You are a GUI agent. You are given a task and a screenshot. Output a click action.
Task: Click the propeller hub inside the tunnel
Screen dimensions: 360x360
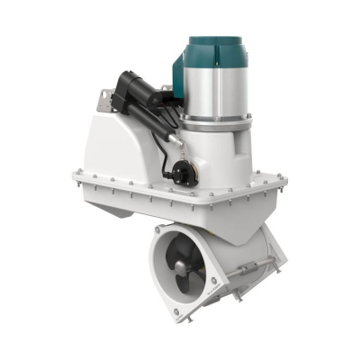click(178, 267)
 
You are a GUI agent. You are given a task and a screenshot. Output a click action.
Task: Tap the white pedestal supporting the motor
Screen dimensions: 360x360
click(216, 153)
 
